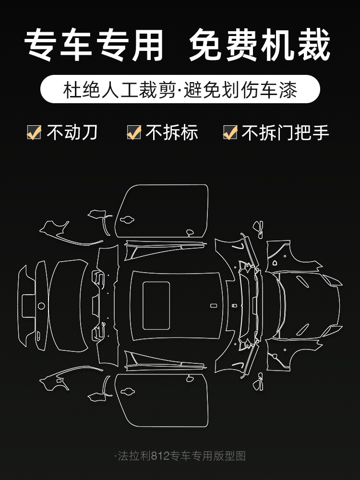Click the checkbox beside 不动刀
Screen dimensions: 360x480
[34, 132]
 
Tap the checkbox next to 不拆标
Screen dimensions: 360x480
[134, 132]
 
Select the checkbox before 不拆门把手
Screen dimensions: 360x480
[230, 132]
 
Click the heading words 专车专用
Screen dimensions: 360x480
[94, 45]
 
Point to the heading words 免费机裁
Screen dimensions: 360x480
[260, 45]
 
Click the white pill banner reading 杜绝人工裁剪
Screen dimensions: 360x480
[180, 89]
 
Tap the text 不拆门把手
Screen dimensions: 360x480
[285, 132]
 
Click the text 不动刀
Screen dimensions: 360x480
[72, 132]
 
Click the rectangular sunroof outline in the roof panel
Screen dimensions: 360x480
[156, 305]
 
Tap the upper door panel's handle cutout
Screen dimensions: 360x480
[127, 219]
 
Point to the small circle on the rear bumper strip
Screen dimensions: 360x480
[41, 305]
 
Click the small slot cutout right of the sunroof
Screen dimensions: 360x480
[214, 305]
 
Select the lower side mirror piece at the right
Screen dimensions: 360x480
[258, 382]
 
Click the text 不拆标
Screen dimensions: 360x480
[172, 132]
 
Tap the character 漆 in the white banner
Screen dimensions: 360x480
[288, 90]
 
